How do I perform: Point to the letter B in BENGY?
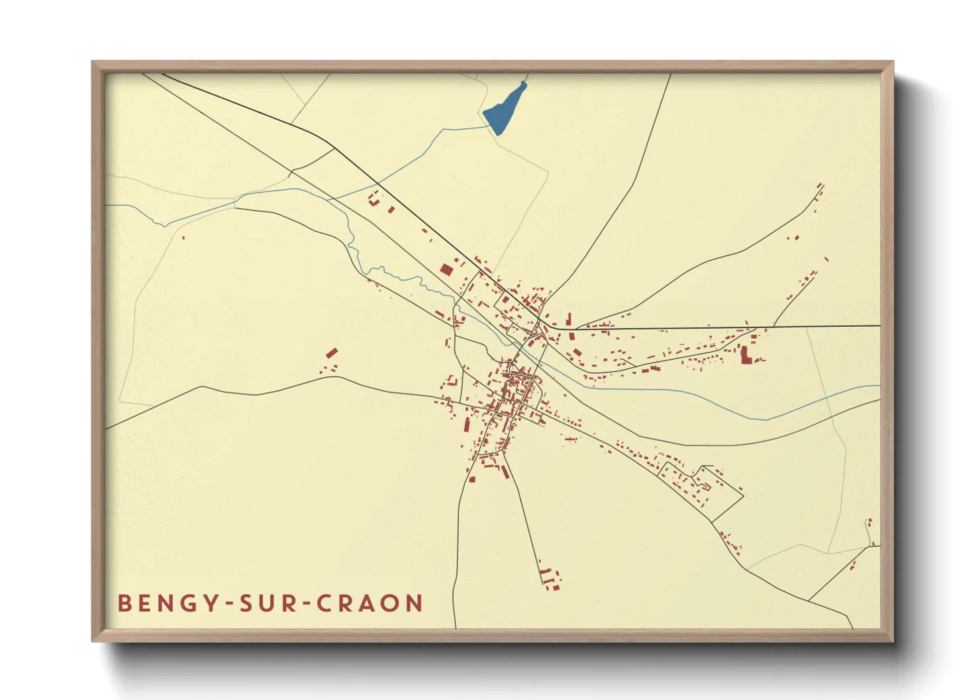(124, 603)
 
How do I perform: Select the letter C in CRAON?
(324, 603)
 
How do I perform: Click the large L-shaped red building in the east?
(745, 355)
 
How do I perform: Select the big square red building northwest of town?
(446, 269)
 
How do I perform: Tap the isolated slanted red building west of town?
(332, 353)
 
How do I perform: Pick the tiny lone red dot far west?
(183, 238)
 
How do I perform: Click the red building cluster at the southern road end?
(550, 578)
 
